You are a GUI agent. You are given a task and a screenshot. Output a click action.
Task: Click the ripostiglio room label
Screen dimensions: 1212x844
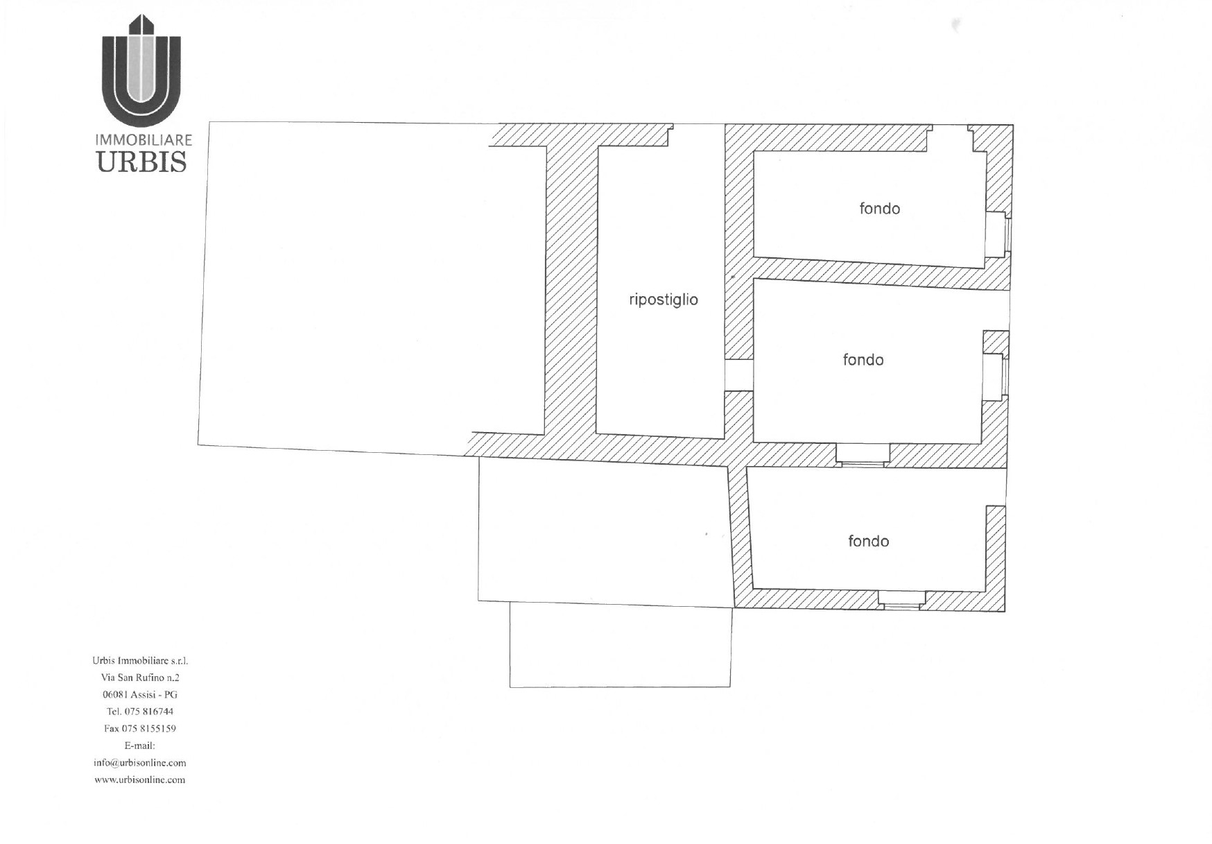tap(663, 300)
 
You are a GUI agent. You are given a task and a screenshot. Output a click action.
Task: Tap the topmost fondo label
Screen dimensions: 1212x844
tap(879, 209)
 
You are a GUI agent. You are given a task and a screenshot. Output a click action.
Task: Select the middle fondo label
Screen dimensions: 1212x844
tap(863, 360)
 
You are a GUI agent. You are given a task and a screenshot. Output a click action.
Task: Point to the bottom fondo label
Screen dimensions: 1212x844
tap(868, 541)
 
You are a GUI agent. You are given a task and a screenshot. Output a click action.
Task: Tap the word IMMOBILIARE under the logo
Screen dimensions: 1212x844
tap(144, 140)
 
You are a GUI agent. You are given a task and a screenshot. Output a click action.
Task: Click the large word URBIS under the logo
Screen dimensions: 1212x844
tap(142, 162)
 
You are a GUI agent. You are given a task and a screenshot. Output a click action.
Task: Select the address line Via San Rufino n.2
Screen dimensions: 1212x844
tap(140, 678)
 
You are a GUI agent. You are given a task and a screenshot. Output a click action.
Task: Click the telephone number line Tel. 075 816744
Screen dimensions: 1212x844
tap(140, 712)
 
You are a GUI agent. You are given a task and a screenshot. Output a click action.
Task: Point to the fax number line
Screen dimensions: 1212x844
tap(140, 729)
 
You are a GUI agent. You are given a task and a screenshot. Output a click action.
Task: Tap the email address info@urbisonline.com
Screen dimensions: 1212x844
tap(140, 763)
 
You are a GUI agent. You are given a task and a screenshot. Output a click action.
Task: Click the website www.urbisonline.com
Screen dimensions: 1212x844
tap(140, 780)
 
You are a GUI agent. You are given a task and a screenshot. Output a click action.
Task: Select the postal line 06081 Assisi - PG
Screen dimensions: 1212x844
tap(140, 695)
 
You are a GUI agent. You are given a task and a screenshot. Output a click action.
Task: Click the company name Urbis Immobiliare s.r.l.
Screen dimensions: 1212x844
tap(140, 661)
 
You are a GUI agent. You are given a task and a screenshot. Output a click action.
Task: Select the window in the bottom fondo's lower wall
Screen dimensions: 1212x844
tap(901, 600)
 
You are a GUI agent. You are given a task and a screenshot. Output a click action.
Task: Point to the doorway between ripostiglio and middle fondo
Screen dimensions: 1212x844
tap(739, 375)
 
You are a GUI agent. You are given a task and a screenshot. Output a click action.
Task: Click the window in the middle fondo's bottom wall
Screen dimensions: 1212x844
tap(863, 454)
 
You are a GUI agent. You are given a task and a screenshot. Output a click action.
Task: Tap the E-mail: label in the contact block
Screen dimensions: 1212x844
tap(140, 746)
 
